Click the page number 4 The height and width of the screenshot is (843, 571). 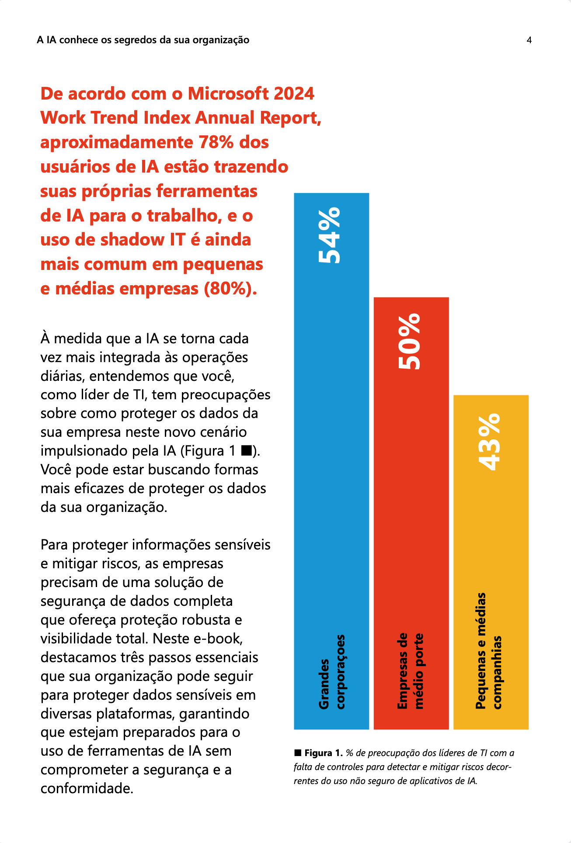529,40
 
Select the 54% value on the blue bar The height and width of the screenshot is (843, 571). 329,235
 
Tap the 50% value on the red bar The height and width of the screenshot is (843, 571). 409,341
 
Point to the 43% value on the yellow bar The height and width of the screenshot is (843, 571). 489,442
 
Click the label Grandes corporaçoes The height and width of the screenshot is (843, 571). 331,672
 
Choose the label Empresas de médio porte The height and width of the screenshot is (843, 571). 411,671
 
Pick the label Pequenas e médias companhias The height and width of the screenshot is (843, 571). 489,651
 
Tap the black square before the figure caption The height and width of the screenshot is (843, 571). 298,753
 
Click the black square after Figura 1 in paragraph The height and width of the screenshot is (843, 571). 246,450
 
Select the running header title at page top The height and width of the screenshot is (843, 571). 143,40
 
